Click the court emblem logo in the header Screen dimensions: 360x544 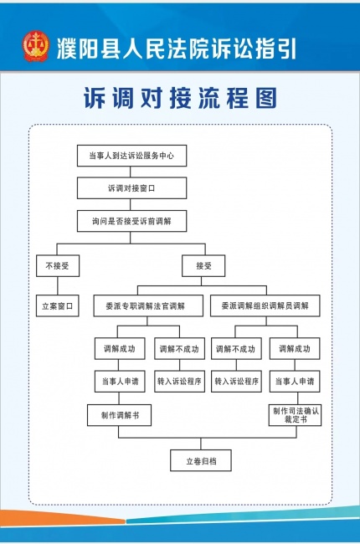point(36,47)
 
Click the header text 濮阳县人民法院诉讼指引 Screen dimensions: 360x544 point(177,48)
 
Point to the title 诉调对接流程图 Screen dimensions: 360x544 point(180,98)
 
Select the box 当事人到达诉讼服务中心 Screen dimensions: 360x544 point(132,156)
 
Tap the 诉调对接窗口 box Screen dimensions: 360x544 point(132,188)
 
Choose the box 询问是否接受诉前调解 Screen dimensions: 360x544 point(132,221)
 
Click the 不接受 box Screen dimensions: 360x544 point(58,266)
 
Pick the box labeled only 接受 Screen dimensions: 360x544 point(203,266)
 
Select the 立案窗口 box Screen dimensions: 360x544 point(58,306)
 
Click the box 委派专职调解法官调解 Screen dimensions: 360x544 point(148,305)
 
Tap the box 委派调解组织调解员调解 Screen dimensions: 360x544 point(265,305)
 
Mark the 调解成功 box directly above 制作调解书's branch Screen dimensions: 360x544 point(120,349)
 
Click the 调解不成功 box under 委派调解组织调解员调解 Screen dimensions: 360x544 point(236,349)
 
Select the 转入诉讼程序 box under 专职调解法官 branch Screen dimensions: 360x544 point(179,382)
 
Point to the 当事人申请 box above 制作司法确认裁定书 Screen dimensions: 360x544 point(295,382)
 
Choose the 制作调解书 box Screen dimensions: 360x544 point(120,415)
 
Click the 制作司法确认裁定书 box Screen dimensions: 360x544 point(295,415)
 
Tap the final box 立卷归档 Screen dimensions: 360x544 point(201,461)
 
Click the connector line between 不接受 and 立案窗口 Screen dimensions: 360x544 point(58,286)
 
